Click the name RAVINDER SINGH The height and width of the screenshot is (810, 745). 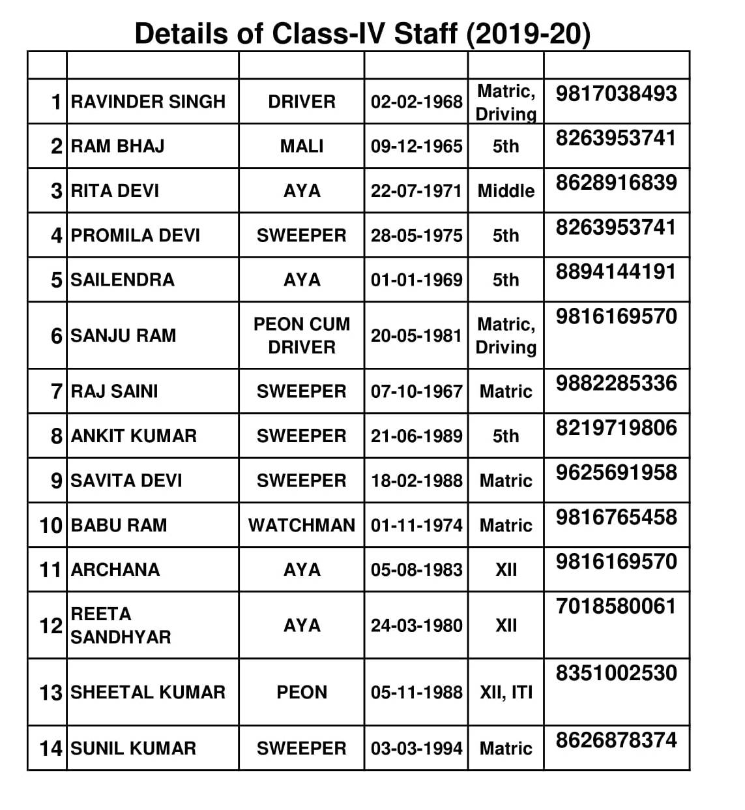[x=148, y=102]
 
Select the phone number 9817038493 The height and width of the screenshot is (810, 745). [x=616, y=93]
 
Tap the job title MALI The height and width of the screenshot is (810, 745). [x=302, y=146]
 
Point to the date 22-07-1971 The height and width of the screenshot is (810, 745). [x=416, y=191]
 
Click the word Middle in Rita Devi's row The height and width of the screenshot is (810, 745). [x=506, y=191]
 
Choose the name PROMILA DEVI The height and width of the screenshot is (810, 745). [x=136, y=235]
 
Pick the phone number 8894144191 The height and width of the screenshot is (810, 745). [x=616, y=272]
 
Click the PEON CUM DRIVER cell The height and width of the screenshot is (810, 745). [x=302, y=335]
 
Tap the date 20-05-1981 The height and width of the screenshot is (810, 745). [x=416, y=335]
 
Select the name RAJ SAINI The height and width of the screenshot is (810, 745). [x=115, y=391]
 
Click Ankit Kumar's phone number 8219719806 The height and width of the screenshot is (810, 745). [x=616, y=428]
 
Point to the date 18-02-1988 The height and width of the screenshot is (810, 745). [x=416, y=481]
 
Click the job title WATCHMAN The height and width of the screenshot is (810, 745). [x=302, y=525]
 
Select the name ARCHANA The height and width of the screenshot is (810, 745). [x=115, y=569]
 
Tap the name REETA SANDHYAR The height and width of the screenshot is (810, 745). [x=121, y=625]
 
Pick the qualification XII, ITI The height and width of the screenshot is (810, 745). [x=506, y=692]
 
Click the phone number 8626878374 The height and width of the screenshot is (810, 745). [x=616, y=740]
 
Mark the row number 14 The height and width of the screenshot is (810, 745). [x=51, y=748]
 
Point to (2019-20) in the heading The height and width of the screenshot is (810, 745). [x=529, y=34]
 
